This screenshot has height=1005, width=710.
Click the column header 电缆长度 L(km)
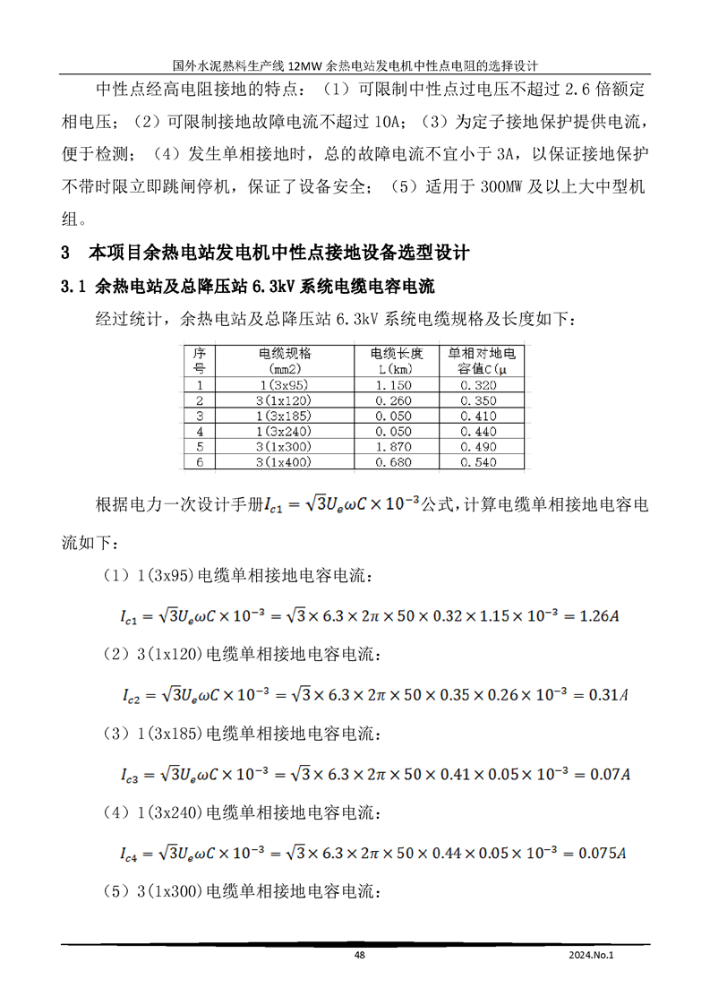394,360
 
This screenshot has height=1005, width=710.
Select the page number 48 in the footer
359,956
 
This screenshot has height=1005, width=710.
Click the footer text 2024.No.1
592,956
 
